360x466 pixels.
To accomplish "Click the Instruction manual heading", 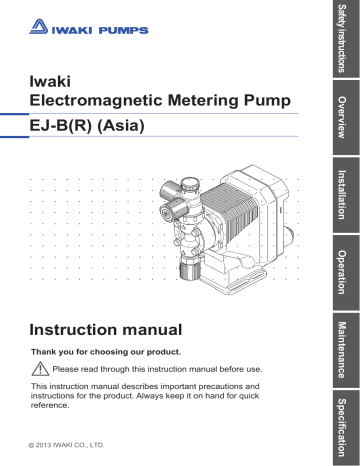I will click(x=106, y=329).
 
